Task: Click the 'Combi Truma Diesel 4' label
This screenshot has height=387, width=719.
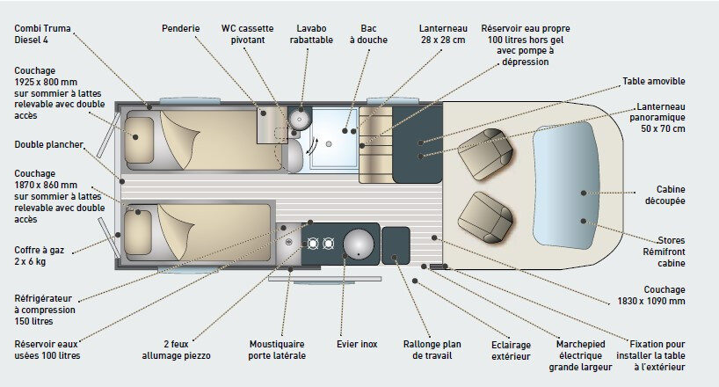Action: [x=41, y=34]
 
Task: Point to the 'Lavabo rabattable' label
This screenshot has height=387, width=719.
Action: [x=312, y=34]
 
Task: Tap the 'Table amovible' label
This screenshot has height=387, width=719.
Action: [x=653, y=82]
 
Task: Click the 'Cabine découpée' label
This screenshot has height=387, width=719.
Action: [x=671, y=194]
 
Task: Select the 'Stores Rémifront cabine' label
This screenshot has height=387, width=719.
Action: [x=671, y=251]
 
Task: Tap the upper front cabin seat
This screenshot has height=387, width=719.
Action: [x=485, y=151]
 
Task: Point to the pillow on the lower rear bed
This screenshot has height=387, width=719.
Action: [x=139, y=230]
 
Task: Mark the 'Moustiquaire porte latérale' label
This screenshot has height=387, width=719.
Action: [x=278, y=349]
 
